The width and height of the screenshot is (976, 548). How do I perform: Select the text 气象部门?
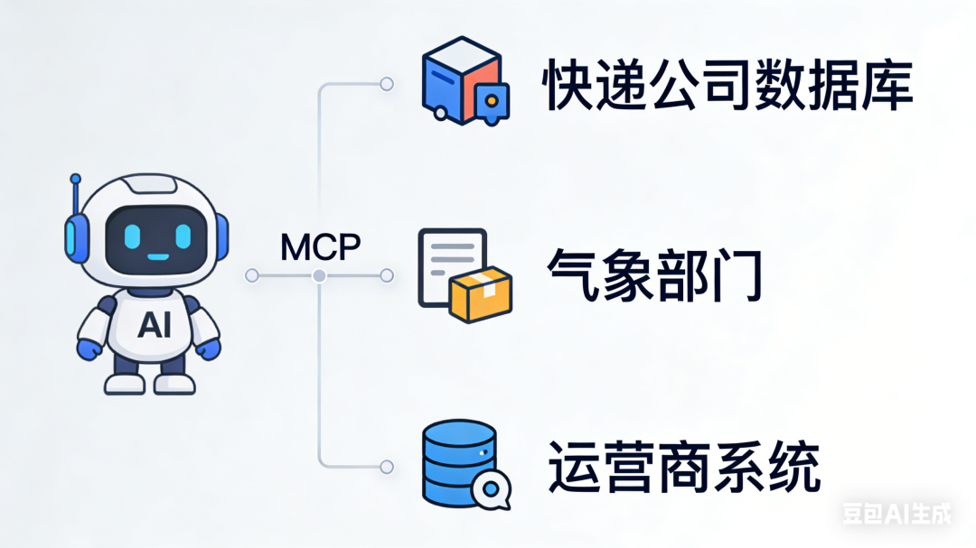(656, 274)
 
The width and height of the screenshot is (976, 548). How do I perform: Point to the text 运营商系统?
(684, 468)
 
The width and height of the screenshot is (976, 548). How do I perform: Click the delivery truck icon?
(464, 81)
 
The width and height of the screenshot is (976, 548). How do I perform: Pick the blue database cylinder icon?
(458, 460)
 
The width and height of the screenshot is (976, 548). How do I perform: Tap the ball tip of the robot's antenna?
(76, 179)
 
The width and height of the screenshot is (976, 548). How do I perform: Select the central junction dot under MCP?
(318, 274)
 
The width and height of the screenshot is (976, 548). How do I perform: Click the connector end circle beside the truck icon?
(387, 84)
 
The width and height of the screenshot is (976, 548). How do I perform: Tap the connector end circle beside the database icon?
(387, 467)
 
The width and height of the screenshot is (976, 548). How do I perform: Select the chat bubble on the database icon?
(490, 489)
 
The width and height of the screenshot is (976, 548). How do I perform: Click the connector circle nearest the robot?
(252, 274)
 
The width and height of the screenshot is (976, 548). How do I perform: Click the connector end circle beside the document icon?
(387, 274)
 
